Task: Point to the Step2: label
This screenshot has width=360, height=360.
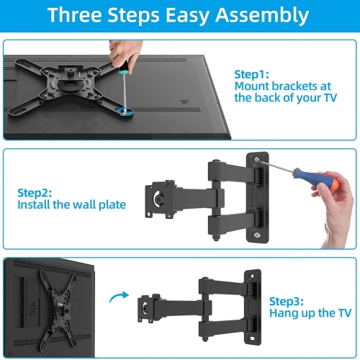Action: click(35, 192)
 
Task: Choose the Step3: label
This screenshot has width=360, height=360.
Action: click(287, 301)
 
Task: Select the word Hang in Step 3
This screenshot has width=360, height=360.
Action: click(283, 314)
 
